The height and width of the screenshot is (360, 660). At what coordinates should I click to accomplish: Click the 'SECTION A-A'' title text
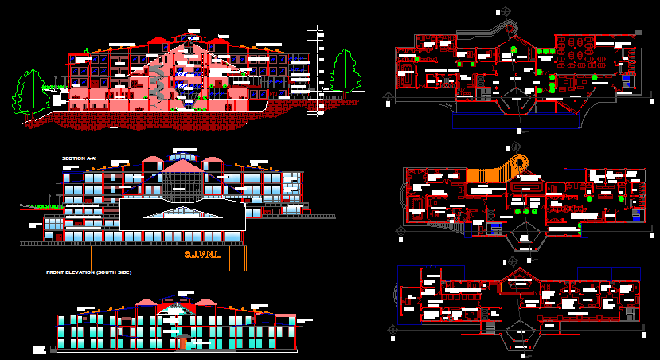(x=79, y=158)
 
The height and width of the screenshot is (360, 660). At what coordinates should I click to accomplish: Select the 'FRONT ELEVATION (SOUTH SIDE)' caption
(x=88, y=272)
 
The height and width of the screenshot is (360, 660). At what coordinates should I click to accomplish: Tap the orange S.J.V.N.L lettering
(x=202, y=255)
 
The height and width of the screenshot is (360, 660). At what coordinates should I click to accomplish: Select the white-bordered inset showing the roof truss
(x=182, y=215)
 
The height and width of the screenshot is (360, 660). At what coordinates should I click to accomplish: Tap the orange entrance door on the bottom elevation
(x=183, y=342)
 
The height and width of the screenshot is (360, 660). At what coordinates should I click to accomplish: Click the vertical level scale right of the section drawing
(x=318, y=72)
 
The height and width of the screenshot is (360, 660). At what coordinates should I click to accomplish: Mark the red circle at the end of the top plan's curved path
(x=508, y=28)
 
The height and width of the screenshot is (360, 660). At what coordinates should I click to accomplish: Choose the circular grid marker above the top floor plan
(x=499, y=11)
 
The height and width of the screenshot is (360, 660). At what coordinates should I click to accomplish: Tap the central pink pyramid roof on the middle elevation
(x=182, y=166)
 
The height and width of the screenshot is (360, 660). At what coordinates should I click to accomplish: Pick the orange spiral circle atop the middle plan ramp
(x=521, y=163)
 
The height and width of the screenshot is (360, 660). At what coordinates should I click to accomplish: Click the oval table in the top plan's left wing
(x=408, y=80)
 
